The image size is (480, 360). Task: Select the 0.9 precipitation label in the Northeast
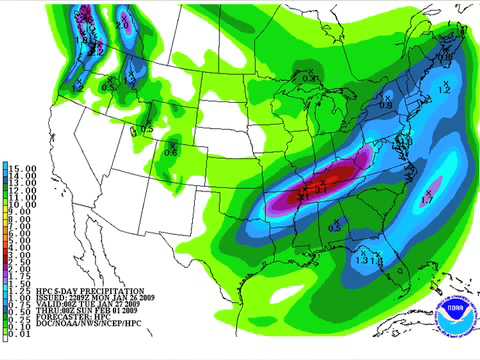click(385, 103)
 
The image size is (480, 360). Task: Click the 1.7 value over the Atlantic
click(427, 198)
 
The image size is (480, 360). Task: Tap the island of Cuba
click(420, 320)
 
